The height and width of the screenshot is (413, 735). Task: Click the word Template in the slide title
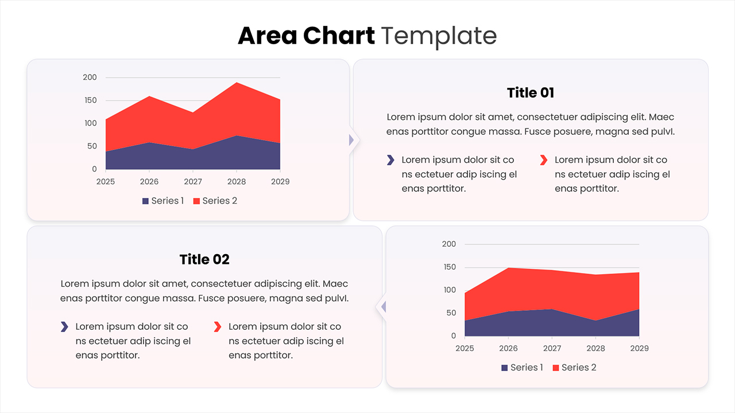click(439, 36)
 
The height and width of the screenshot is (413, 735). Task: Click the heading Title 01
click(531, 93)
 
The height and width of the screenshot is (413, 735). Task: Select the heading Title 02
click(204, 260)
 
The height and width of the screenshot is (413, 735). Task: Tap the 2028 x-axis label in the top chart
click(236, 182)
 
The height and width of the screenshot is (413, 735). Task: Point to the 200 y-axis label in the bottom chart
click(449, 244)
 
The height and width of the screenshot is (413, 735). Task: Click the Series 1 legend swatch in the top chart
click(146, 201)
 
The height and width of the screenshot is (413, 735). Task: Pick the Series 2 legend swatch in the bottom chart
click(556, 368)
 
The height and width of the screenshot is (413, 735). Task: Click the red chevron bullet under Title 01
click(544, 160)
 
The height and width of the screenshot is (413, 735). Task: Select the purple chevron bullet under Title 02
click(64, 327)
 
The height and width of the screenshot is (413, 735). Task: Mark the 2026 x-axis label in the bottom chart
click(508, 349)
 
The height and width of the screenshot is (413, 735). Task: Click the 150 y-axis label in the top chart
click(90, 100)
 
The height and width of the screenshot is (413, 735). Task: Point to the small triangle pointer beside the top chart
click(351, 140)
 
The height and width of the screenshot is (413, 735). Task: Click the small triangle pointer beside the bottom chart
click(383, 307)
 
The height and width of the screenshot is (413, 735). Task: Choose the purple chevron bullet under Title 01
click(390, 160)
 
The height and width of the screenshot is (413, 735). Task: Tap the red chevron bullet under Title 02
click(218, 327)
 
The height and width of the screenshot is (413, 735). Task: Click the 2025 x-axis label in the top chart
click(106, 182)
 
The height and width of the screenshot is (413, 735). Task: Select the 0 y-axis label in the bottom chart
click(454, 336)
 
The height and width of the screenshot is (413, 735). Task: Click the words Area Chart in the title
click(306, 36)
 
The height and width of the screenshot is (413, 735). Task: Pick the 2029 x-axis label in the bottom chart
click(639, 349)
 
